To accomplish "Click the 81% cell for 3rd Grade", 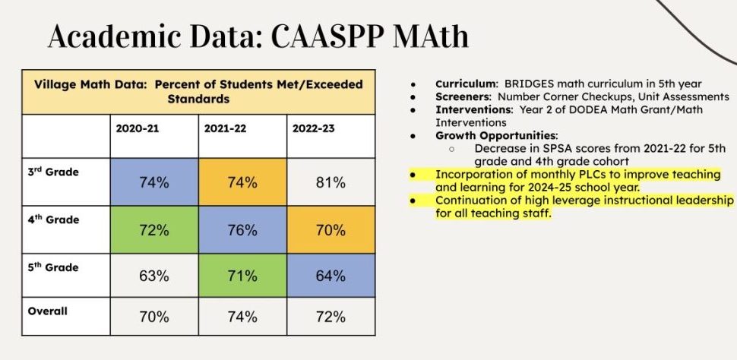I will pos(331,182).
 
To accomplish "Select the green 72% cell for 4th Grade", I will pos(153,229).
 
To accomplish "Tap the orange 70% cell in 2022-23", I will pos(331,229).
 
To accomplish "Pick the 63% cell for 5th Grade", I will pos(153,276).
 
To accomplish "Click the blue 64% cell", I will pos(331,276).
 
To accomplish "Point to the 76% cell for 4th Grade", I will pos(242,229).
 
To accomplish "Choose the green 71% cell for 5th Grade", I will pos(242,276).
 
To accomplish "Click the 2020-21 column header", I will pos(138,128).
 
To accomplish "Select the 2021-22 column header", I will pos(226,128).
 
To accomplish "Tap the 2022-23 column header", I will pos(314,128).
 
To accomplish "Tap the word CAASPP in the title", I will pos(308,36).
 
